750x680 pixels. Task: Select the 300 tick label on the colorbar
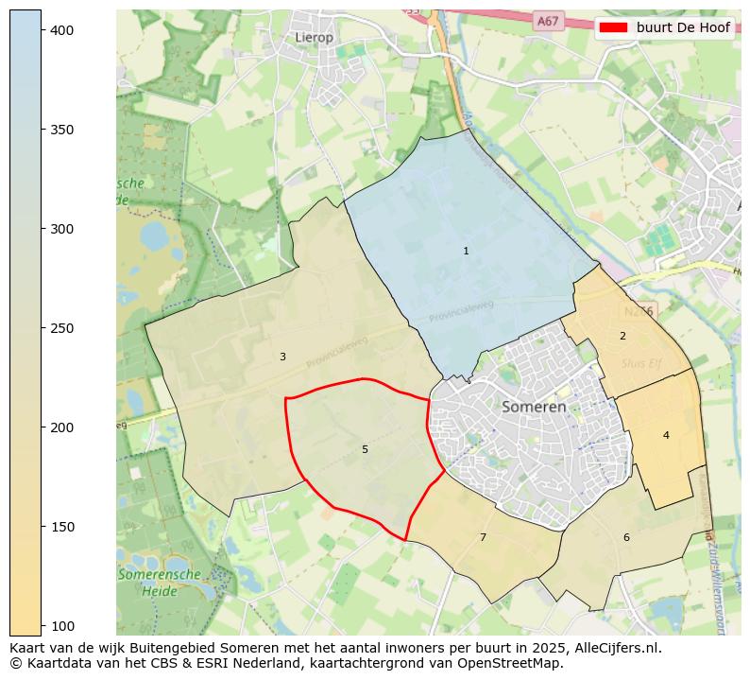click(x=61, y=229)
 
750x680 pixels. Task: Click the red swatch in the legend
click(x=615, y=27)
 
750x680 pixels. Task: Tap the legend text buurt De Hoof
click(x=682, y=27)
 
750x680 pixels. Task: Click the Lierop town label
click(x=314, y=37)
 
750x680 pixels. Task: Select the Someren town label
click(x=534, y=407)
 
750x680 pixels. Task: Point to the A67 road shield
click(x=547, y=20)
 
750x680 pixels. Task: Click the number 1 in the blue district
click(x=466, y=251)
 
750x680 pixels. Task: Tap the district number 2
click(x=622, y=336)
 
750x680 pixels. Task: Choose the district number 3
click(x=282, y=357)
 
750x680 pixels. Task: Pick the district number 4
click(x=666, y=435)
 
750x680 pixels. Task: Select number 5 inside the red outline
click(x=365, y=449)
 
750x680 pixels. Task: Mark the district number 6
click(x=626, y=537)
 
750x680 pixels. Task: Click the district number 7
click(x=483, y=537)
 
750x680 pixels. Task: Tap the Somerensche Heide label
click(x=159, y=582)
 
